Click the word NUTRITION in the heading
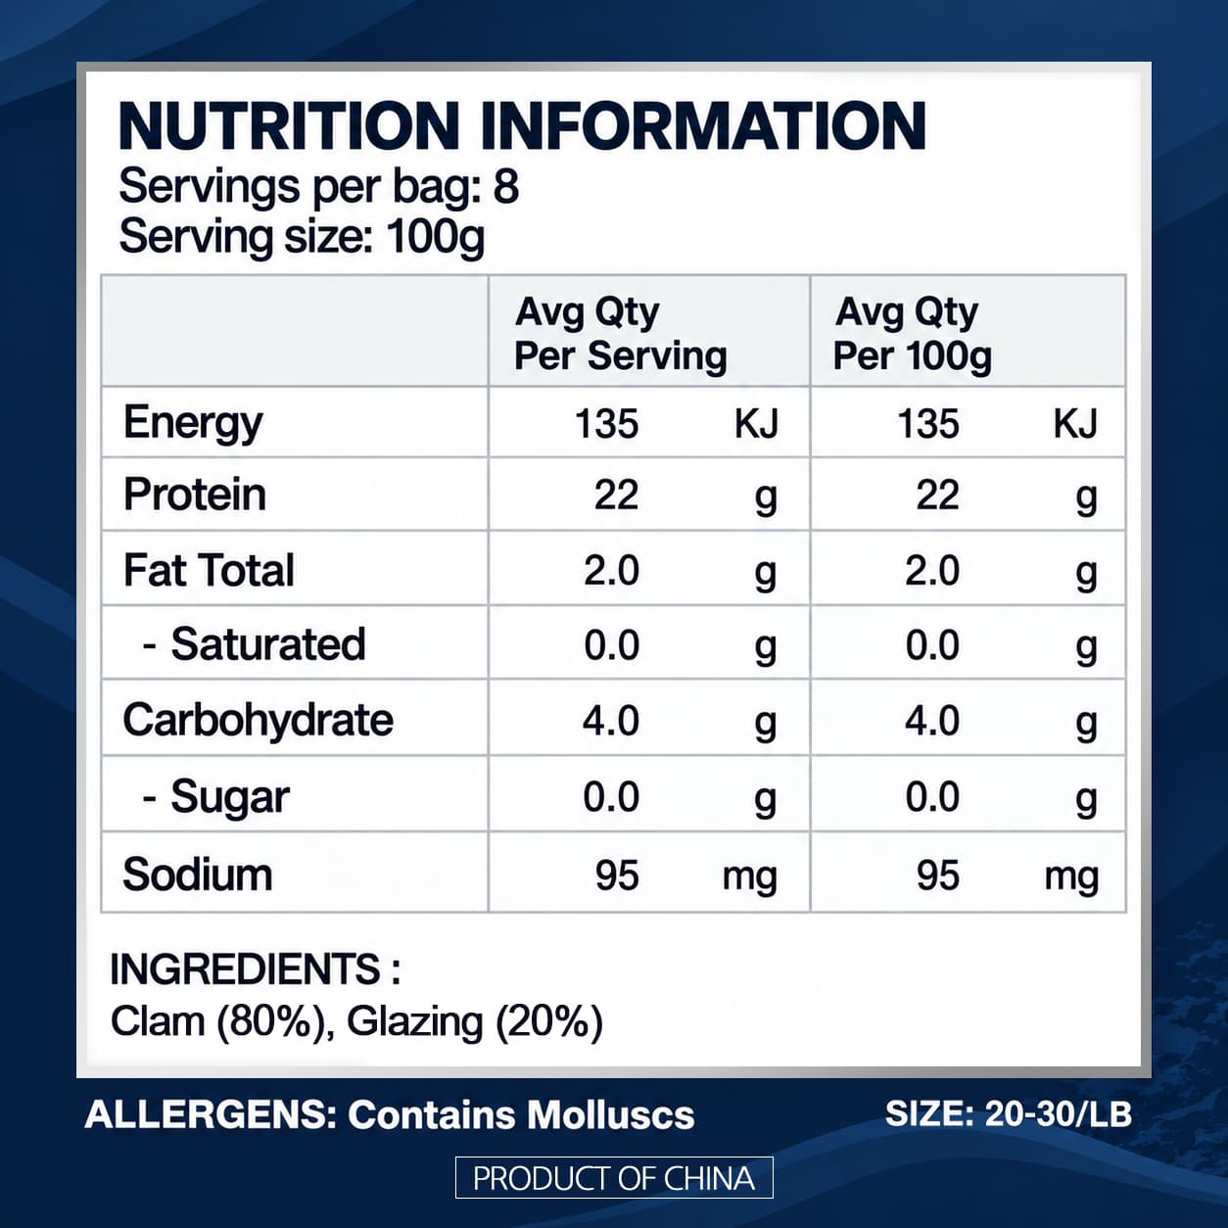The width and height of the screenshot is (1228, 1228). click(289, 126)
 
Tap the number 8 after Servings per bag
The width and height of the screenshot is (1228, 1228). click(506, 187)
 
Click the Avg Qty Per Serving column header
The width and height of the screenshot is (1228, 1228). click(620, 333)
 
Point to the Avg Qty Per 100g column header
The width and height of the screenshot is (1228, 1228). click(913, 333)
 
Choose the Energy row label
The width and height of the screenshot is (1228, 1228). click(193, 424)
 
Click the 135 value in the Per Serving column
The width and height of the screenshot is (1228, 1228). click(607, 424)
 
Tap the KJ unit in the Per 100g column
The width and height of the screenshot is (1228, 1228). click(1075, 424)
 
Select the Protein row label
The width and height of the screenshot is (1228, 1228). click(195, 495)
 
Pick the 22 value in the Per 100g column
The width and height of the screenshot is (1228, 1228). click(937, 495)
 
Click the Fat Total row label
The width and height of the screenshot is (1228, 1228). click(209, 570)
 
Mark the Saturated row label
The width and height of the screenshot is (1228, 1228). click(255, 644)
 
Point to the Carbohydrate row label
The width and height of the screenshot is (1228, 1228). click(259, 720)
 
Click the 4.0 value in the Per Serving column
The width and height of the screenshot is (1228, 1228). click(610, 721)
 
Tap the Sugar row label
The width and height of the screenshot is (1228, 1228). click(216, 797)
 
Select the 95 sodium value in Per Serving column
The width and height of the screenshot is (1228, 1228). click(617, 874)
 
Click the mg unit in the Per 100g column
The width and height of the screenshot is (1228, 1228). click(1071, 877)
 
